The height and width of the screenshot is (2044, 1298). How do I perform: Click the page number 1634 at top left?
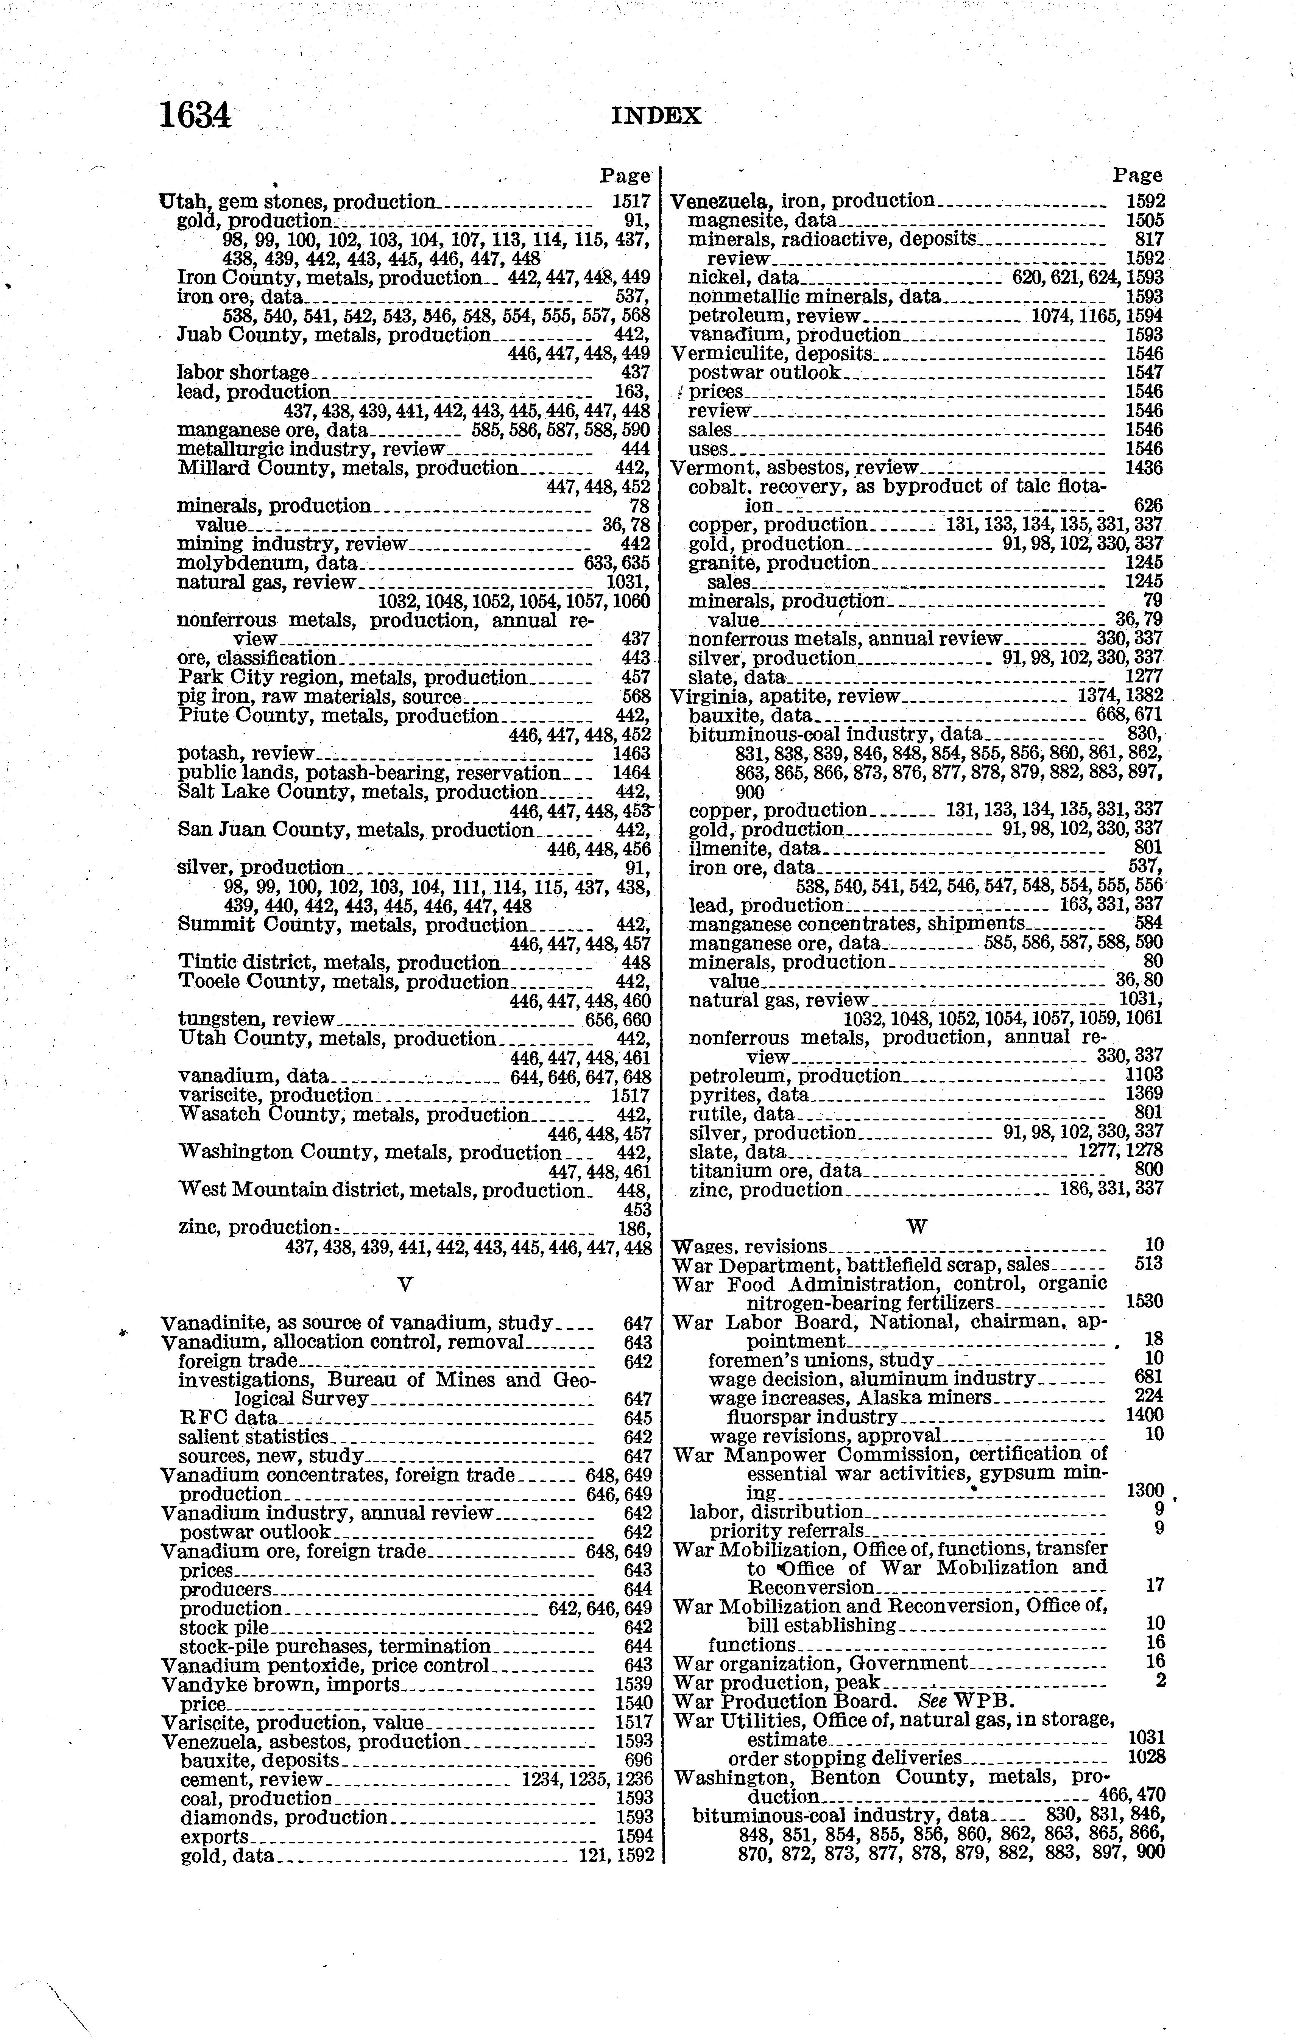(x=195, y=115)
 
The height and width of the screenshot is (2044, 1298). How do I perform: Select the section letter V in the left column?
(x=405, y=1285)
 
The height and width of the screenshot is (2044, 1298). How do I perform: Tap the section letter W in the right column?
(x=917, y=1226)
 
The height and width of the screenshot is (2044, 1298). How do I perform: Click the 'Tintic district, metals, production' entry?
(x=340, y=963)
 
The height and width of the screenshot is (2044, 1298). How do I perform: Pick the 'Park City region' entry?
(x=352, y=678)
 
